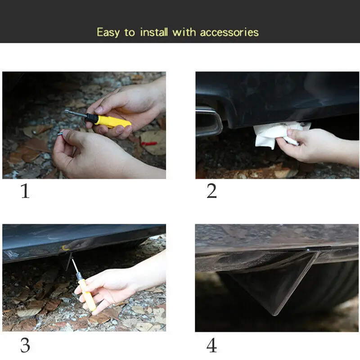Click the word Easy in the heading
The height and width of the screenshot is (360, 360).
108,32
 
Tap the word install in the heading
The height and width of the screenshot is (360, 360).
154,32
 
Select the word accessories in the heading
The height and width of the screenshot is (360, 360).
229,32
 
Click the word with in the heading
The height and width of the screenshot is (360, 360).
184,32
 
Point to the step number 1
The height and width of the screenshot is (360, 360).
25,191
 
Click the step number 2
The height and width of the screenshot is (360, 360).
211,191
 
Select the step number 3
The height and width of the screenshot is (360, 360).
25,345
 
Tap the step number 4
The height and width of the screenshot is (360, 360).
211,345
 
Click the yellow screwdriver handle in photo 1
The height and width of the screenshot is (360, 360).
112,121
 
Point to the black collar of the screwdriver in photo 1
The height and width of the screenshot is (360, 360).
91,118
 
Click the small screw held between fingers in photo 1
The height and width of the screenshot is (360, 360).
61,133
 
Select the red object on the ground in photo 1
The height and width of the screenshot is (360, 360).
149,144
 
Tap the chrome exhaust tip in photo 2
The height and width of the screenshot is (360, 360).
208,122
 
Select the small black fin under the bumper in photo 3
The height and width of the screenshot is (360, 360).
65,261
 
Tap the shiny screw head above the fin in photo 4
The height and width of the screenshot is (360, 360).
308,250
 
